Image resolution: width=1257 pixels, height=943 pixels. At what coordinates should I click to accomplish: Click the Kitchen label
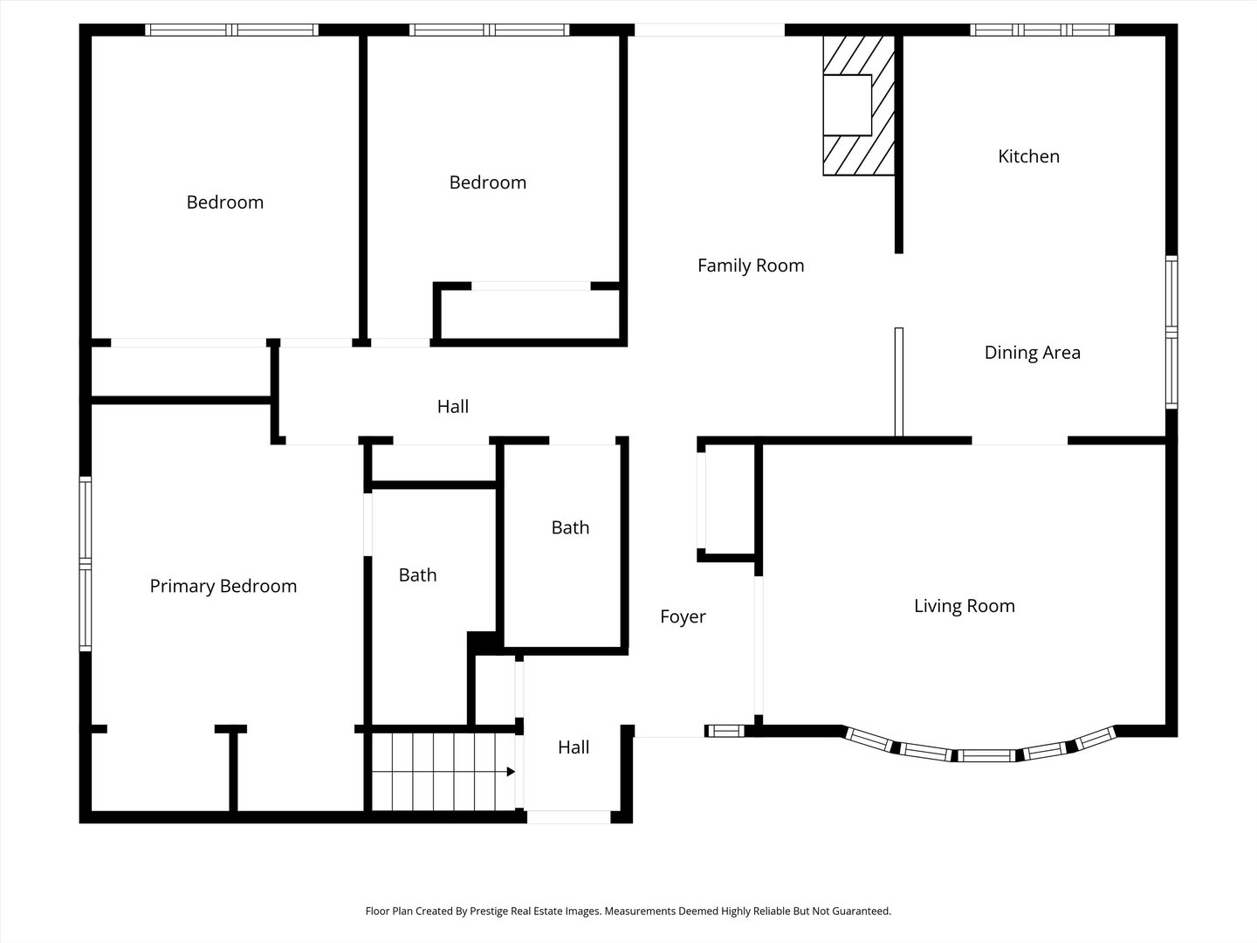click(1028, 156)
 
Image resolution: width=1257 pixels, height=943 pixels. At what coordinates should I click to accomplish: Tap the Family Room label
click(751, 265)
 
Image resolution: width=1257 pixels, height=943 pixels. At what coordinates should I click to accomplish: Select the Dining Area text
click(1033, 353)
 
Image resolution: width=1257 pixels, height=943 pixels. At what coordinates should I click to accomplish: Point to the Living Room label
click(965, 606)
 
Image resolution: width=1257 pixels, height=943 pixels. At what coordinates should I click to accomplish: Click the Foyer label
click(683, 616)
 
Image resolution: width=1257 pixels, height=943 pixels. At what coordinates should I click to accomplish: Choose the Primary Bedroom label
click(223, 586)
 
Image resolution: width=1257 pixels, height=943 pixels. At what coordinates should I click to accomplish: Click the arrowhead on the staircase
click(511, 772)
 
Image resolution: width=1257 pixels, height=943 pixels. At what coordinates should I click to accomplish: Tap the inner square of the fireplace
click(848, 105)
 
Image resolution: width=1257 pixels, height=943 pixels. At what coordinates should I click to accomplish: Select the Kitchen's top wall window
click(1042, 30)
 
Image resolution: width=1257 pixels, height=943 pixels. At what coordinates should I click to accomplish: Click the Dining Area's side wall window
click(1171, 332)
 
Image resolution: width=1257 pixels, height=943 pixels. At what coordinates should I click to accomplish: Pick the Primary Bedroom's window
click(86, 564)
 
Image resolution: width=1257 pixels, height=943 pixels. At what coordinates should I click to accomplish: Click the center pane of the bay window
click(986, 756)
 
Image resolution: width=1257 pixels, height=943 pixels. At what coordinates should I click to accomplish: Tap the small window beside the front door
click(725, 731)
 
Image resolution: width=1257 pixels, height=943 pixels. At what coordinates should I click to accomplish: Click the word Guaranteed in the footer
click(862, 911)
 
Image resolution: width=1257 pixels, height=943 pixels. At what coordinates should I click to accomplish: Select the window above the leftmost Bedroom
click(231, 30)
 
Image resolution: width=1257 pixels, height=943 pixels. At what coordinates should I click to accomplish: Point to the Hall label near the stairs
click(574, 747)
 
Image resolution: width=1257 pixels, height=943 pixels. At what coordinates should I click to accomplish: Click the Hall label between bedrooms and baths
click(452, 407)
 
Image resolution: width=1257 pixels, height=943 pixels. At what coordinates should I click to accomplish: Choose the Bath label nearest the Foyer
click(570, 527)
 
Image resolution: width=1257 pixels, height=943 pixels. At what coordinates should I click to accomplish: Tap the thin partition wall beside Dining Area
click(899, 382)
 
